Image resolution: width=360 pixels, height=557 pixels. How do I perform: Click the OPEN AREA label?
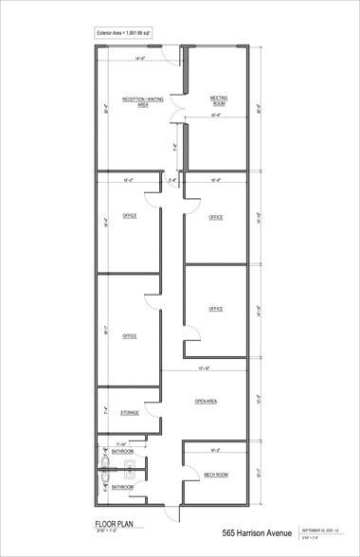coord(206,402)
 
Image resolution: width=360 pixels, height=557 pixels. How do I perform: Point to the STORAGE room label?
coord(130,413)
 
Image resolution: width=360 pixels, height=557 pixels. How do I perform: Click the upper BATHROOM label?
coord(122,451)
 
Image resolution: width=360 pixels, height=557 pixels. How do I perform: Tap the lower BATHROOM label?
coord(122,488)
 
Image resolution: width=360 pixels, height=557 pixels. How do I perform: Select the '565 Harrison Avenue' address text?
coord(257,534)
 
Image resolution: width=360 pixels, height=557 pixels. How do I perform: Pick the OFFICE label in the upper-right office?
coord(215,217)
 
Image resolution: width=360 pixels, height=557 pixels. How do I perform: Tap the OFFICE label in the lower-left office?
coord(129,335)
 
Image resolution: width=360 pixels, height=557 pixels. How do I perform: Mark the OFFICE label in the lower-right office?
coord(215,309)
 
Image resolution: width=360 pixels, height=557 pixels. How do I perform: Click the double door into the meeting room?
coord(177,118)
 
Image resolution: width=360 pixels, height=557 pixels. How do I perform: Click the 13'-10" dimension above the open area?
coord(203,367)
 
